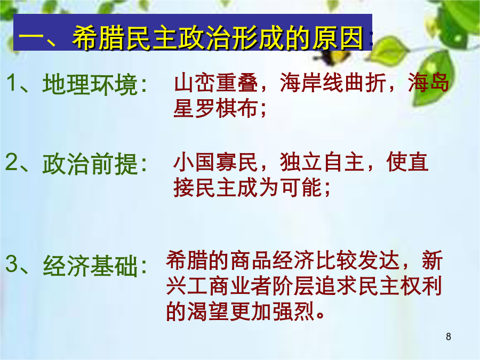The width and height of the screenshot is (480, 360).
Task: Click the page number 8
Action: (x=449, y=337)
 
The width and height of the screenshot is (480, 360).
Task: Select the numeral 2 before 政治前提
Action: (x=11, y=162)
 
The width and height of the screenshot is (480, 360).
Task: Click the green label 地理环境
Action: (x=90, y=84)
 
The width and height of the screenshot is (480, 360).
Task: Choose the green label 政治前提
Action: (x=90, y=164)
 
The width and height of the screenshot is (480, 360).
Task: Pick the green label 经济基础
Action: (x=90, y=266)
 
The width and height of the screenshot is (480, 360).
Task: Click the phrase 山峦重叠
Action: (x=216, y=82)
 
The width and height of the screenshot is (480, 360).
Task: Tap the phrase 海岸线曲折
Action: (x=333, y=82)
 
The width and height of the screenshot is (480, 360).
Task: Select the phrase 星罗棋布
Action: (x=215, y=108)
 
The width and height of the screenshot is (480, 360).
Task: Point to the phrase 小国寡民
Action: (x=215, y=162)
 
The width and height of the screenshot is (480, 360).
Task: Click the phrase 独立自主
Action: (x=322, y=162)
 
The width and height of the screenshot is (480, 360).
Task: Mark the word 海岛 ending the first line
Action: (x=429, y=82)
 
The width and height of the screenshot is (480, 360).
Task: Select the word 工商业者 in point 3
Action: (x=229, y=286)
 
